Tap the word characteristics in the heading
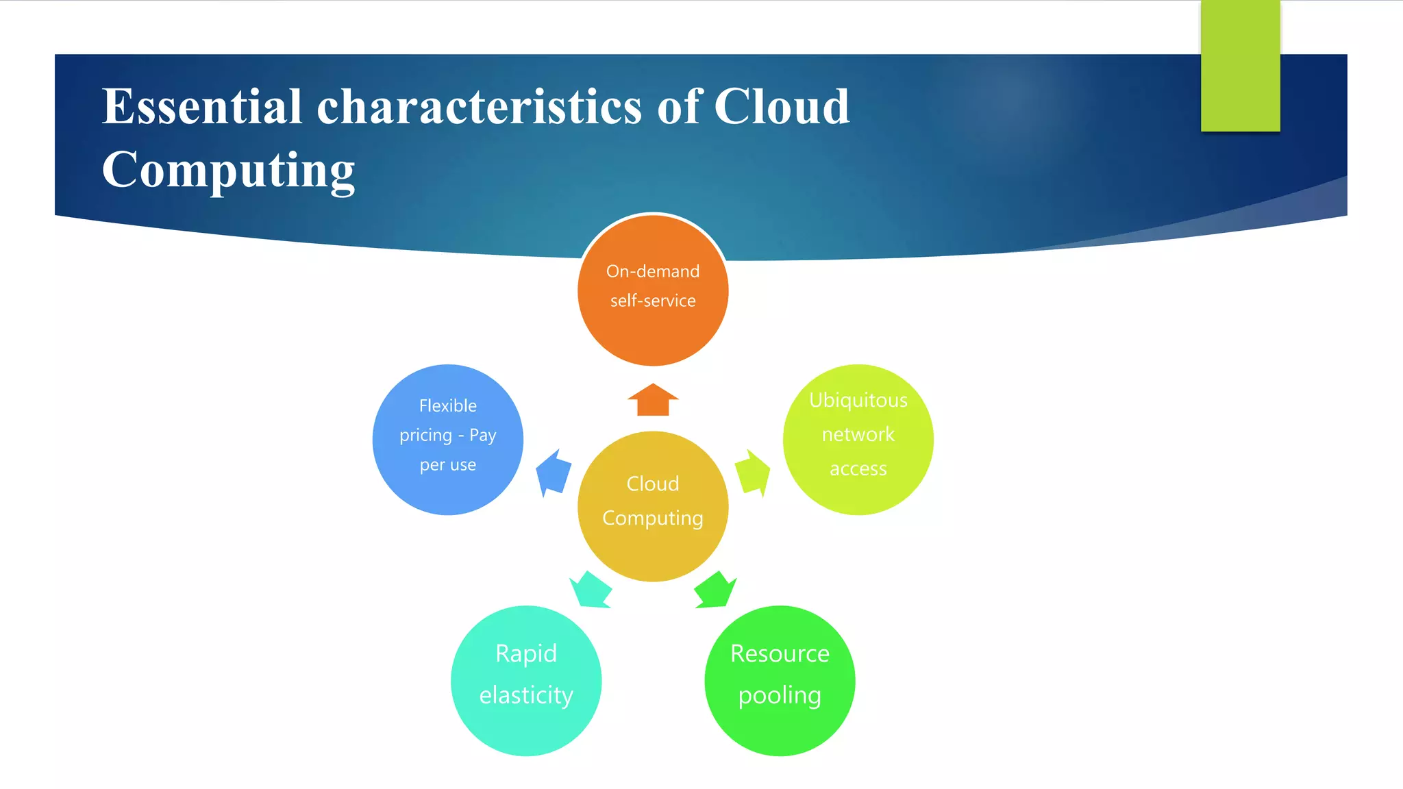click(479, 108)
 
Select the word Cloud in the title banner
click(781, 108)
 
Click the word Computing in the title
click(228, 170)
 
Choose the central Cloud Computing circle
click(653, 548)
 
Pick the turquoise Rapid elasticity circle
click(526, 726)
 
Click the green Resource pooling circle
click(780, 726)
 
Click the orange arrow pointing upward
click(653, 400)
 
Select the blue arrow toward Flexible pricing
click(554, 473)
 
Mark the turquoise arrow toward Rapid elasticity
click(591, 590)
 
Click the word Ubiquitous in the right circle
click(858, 400)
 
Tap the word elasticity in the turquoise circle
click(526, 695)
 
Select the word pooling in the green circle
click(780, 695)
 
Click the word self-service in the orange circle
click(653, 301)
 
